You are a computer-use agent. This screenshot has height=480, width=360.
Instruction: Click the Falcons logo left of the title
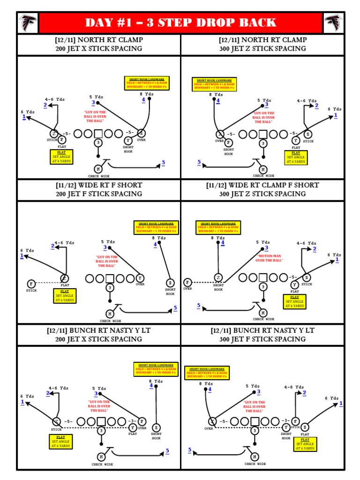click(x=28, y=22)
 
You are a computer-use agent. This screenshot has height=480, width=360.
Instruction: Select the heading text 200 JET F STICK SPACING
click(x=98, y=194)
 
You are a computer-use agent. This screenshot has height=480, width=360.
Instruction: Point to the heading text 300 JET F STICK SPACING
click(x=262, y=339)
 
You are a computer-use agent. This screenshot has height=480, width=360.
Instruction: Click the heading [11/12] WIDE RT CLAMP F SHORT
click(x=262, y=185)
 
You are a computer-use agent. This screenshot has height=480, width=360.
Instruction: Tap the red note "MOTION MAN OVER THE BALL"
click(x=270, y=258)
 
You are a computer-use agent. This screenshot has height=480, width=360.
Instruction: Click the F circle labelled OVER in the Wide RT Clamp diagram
click(x=187, y=282)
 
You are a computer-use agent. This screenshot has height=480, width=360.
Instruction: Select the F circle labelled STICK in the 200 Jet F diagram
click(x=31, y=284)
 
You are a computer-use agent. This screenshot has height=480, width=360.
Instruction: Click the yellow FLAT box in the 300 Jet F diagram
click(x=305, y=443)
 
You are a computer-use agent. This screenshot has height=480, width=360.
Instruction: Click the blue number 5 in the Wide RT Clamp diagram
click(x=199, y=306)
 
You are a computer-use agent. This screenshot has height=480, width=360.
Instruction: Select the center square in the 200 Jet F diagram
click(x=110, y=278)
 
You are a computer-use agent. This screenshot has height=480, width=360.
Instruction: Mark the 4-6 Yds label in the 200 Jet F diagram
click(x=64, y=243)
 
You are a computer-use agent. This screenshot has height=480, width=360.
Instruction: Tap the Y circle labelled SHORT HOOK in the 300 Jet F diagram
click(x=285, y=427)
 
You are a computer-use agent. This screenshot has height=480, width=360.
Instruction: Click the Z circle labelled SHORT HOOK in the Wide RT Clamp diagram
click(x=218, y=278)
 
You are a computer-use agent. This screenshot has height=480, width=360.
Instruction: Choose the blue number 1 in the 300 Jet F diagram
click(x=341, y=403)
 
